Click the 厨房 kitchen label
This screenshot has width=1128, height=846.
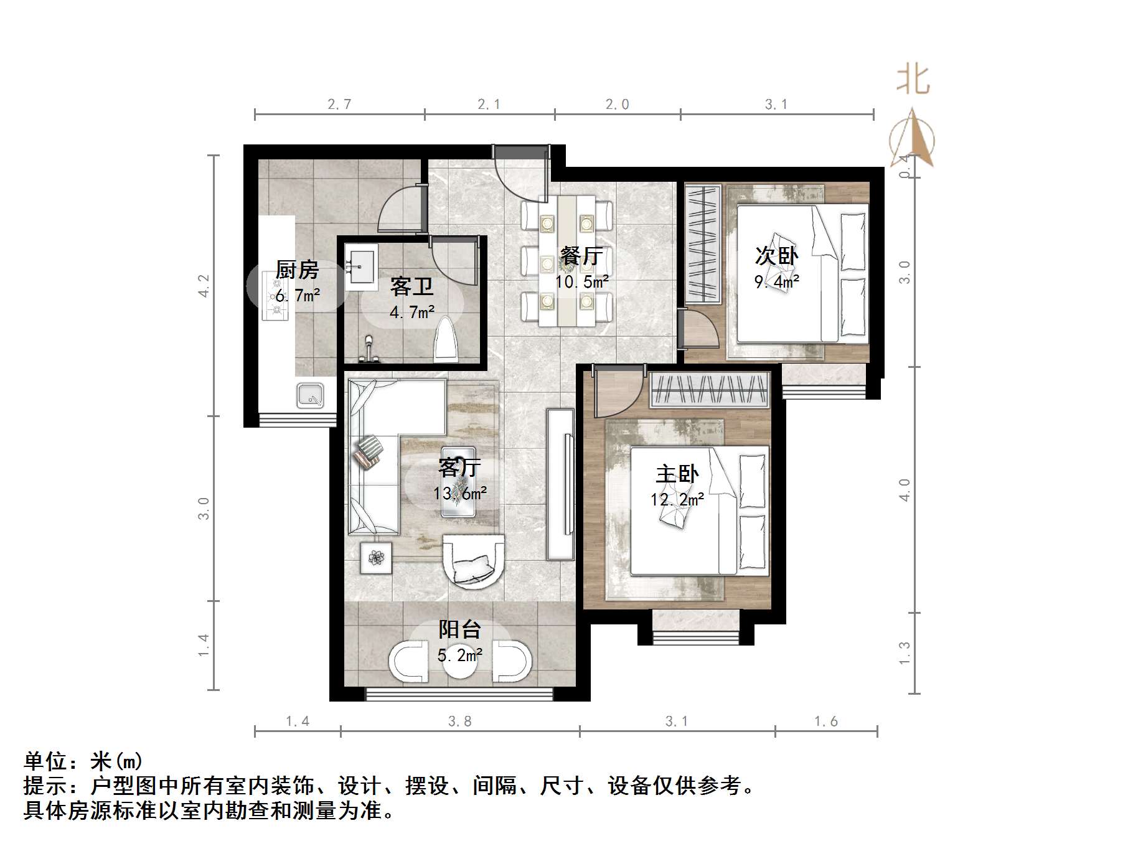click(297, 270)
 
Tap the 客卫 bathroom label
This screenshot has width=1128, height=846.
click(411, 287)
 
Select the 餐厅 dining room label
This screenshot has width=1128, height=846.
click(581, 256)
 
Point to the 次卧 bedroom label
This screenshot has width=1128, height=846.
click(776, 255)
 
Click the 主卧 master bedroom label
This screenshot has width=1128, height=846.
click(677, 474)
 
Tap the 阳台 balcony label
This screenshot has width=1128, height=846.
click(460, 629)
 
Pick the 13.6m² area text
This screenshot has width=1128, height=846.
click(460, 494)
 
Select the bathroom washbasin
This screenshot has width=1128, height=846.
click(361, 267)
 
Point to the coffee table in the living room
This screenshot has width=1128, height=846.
click(459, 481)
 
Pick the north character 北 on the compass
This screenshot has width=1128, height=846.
click(913, 80)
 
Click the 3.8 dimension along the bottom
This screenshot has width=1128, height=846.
click(459, 721)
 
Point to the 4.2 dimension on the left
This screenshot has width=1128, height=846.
click(204, 286)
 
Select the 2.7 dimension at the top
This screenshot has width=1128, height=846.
click(339, 105)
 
